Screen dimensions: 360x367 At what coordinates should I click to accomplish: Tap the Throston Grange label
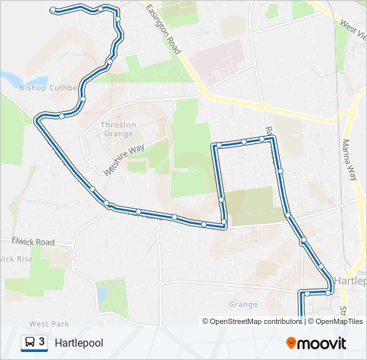point(118,129)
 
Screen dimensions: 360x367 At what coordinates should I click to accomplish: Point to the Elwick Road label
point(33,241)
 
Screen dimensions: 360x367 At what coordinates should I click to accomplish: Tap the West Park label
point(49,324)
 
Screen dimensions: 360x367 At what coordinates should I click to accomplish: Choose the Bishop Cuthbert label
point(49,87)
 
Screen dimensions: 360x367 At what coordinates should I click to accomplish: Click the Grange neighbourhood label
point(243,305)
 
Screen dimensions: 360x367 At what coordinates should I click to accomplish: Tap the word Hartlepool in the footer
point(79,343)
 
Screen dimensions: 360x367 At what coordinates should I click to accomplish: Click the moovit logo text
point(322,343)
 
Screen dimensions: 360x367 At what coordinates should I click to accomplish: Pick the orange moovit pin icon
point(291,343)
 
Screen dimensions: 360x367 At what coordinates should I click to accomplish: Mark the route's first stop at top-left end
point(53,9)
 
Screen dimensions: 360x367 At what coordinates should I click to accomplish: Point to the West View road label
point(353,30)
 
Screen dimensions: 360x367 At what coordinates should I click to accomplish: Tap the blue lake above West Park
point(103,291)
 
